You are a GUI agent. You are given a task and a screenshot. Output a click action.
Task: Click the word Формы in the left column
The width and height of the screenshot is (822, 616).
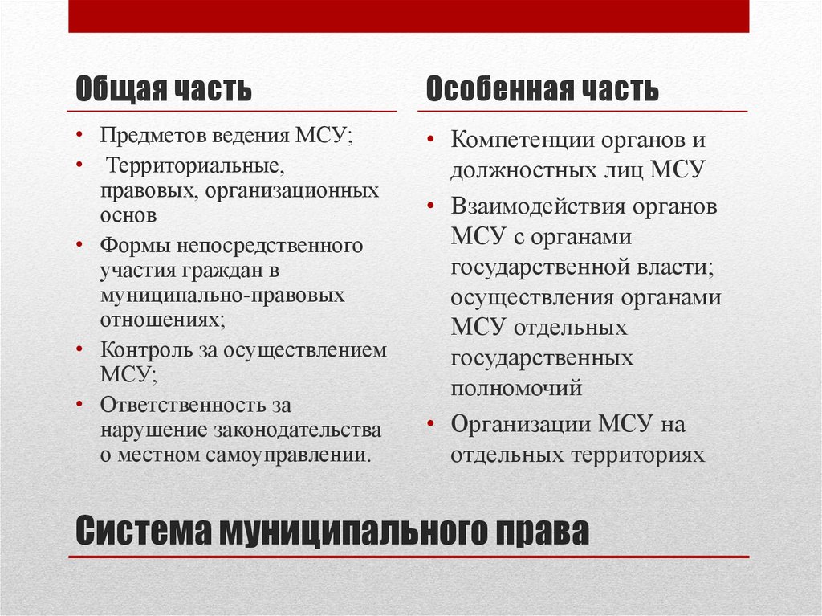click(x=127, y=243)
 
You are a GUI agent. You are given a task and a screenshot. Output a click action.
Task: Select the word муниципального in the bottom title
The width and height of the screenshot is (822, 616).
click(x=347, y=532)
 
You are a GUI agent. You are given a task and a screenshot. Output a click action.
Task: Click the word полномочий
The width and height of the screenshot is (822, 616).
click(x=516, y=388)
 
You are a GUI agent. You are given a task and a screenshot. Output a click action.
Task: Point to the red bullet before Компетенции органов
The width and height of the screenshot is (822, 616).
click(x=431, y=140)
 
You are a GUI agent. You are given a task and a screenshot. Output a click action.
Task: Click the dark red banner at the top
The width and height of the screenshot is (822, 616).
click(x=409, y=16)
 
